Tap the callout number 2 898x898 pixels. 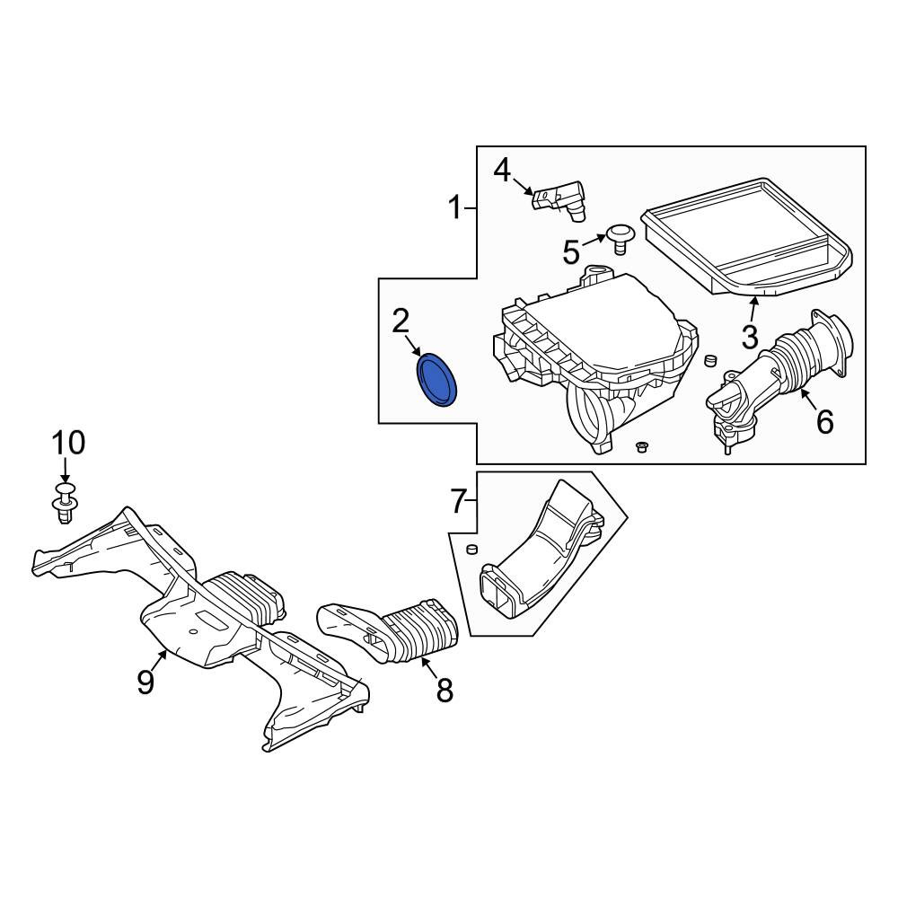[x=401, y=321]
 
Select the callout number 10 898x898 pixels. [x=68, y=444]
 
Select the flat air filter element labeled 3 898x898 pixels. [x=746, y=236]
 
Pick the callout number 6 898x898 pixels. [x=824, y=423]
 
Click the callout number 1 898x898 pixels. [x=455, y=207]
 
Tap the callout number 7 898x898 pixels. [x=458, y=501]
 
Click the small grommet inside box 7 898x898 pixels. [x=472, y=550]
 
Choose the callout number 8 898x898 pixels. [x=445, y=690]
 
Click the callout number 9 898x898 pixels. [x=145, y=682]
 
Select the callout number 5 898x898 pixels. [x=571, y=252]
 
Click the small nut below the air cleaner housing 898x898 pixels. [x=641, y=446]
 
